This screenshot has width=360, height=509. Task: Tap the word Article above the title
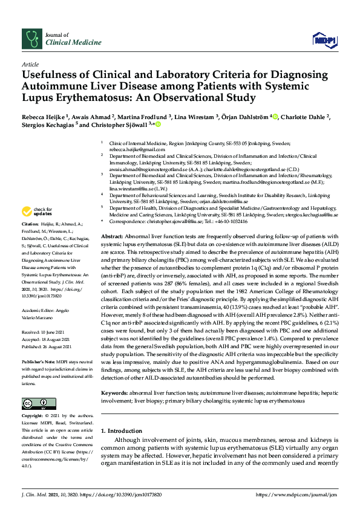[30, 64]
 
